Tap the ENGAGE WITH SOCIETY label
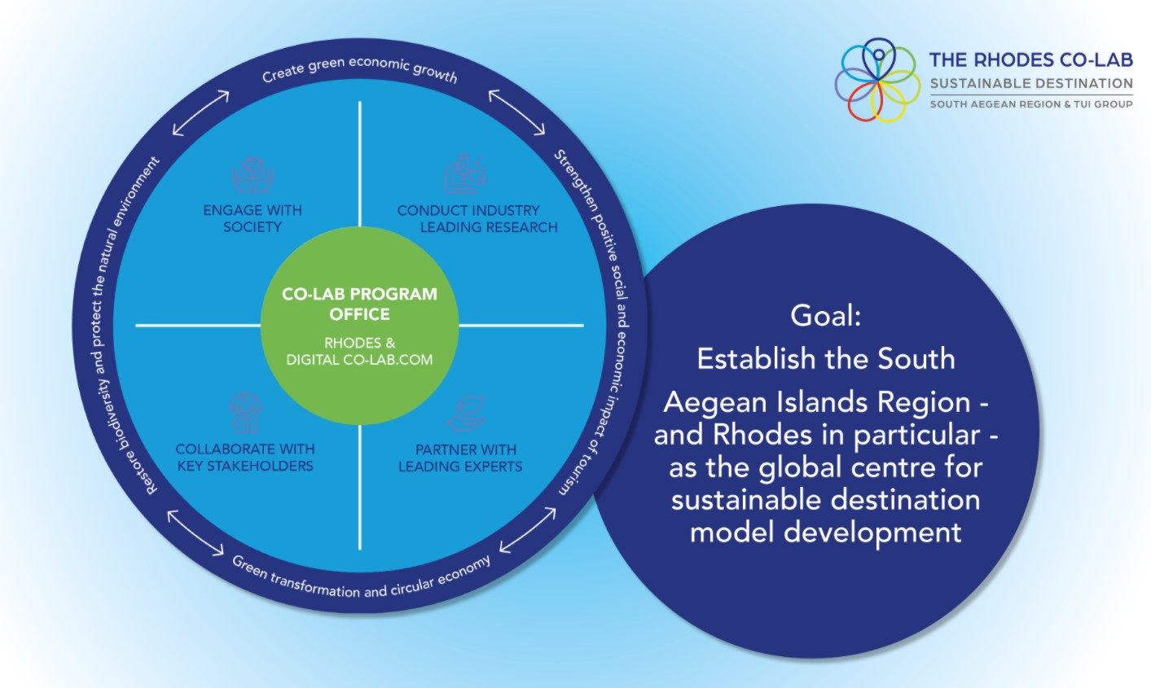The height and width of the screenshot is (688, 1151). coord(253,218)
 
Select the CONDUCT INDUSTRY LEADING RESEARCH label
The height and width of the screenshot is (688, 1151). coord(477,218)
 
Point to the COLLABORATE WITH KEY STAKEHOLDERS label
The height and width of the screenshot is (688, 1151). coord(245,458)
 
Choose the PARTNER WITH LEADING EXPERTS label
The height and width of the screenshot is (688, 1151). coord(461,458)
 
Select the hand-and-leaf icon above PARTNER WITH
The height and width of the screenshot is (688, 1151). coord(465,414)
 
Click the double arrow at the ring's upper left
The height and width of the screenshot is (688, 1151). coord(200,113)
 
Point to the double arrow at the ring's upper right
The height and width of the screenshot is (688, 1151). coord(516,112)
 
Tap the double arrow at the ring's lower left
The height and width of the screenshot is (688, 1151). coord(195,532)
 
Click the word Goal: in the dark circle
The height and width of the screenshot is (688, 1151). coord(825,315)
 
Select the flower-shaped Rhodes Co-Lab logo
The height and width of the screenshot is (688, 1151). coord(876,80)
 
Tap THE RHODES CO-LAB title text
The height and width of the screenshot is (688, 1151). coord(1030,59)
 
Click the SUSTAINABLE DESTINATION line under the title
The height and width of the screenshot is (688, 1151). coord(1030,83)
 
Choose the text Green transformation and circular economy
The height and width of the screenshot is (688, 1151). coord(362,579)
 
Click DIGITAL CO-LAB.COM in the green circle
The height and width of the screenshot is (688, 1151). coord(359,360)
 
